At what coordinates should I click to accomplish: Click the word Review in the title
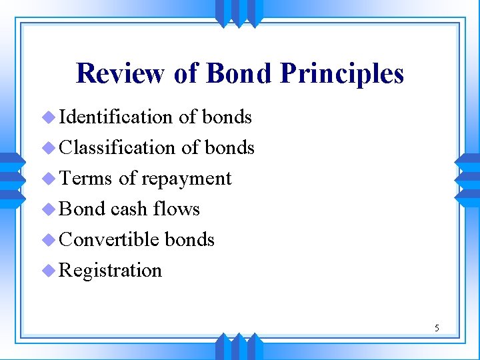(121, 73)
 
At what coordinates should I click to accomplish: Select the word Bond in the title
(239, 73)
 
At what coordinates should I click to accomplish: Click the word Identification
(116, 117)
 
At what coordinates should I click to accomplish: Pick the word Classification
(117, 147)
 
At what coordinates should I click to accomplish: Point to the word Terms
(85, 179)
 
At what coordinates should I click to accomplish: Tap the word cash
(129, 209)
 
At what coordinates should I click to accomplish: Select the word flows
(176, 209)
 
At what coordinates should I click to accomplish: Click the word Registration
(111, 271)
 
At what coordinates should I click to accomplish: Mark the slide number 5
(437, 327)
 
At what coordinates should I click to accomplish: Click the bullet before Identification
(49, 118)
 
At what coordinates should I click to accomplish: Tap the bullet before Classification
(49, 148)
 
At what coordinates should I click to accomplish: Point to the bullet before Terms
(49, 179)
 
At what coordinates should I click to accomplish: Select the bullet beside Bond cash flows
(49, 209)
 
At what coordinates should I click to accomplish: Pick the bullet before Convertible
(49, 240)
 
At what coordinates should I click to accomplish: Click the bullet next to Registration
(49, 271)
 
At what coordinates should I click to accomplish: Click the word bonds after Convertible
(189, 239)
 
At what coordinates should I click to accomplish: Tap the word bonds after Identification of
(227, 117)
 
